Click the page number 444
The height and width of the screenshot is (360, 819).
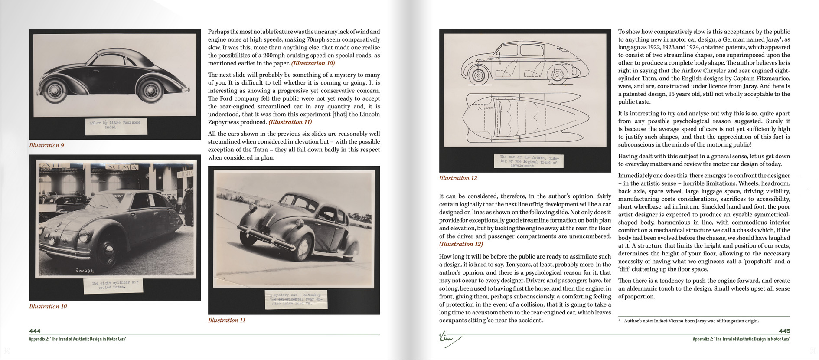35,331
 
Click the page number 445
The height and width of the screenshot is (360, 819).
784,331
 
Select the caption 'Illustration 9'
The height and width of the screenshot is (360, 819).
46,145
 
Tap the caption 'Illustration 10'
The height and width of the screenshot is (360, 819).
48,306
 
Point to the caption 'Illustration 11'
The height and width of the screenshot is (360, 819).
227,320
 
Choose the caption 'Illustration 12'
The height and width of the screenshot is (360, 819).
458,178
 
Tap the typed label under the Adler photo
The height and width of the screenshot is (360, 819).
115,125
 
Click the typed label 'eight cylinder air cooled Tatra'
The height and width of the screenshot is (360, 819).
114,285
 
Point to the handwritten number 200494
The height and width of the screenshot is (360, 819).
85,271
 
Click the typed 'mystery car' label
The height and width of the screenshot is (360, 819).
296,299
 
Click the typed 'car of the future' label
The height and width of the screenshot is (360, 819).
529,161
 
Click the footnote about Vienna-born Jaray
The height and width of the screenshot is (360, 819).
691,321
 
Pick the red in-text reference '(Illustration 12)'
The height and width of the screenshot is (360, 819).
461,244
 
